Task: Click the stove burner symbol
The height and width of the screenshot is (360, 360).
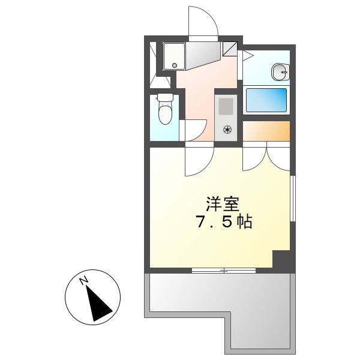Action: [x=227, y=129]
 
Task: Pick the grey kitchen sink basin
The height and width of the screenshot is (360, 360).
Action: [x=226, y=107]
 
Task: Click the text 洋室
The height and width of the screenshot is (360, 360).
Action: [x=218, y=203]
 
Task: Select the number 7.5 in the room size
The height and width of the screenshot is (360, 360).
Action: [x=214, y=223]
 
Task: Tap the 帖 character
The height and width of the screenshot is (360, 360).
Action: [x=244, y=223]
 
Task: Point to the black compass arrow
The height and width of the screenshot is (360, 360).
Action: [x=99, y=303]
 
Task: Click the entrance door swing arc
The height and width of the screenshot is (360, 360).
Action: [x=202, y=23]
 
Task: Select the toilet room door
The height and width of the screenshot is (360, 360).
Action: [x=194, y=129]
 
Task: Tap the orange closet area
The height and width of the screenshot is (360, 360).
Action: [x=266, y=130]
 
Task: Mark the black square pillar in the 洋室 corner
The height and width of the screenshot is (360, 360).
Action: [x=281, y=260]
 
